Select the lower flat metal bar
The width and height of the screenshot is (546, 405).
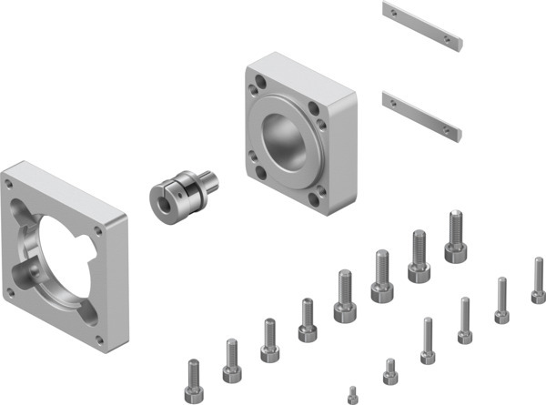(422, 114)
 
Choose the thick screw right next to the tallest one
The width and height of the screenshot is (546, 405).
(419, 258)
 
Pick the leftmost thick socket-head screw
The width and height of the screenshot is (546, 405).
(193, 382)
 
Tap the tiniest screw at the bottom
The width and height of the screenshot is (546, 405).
(352, 394)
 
